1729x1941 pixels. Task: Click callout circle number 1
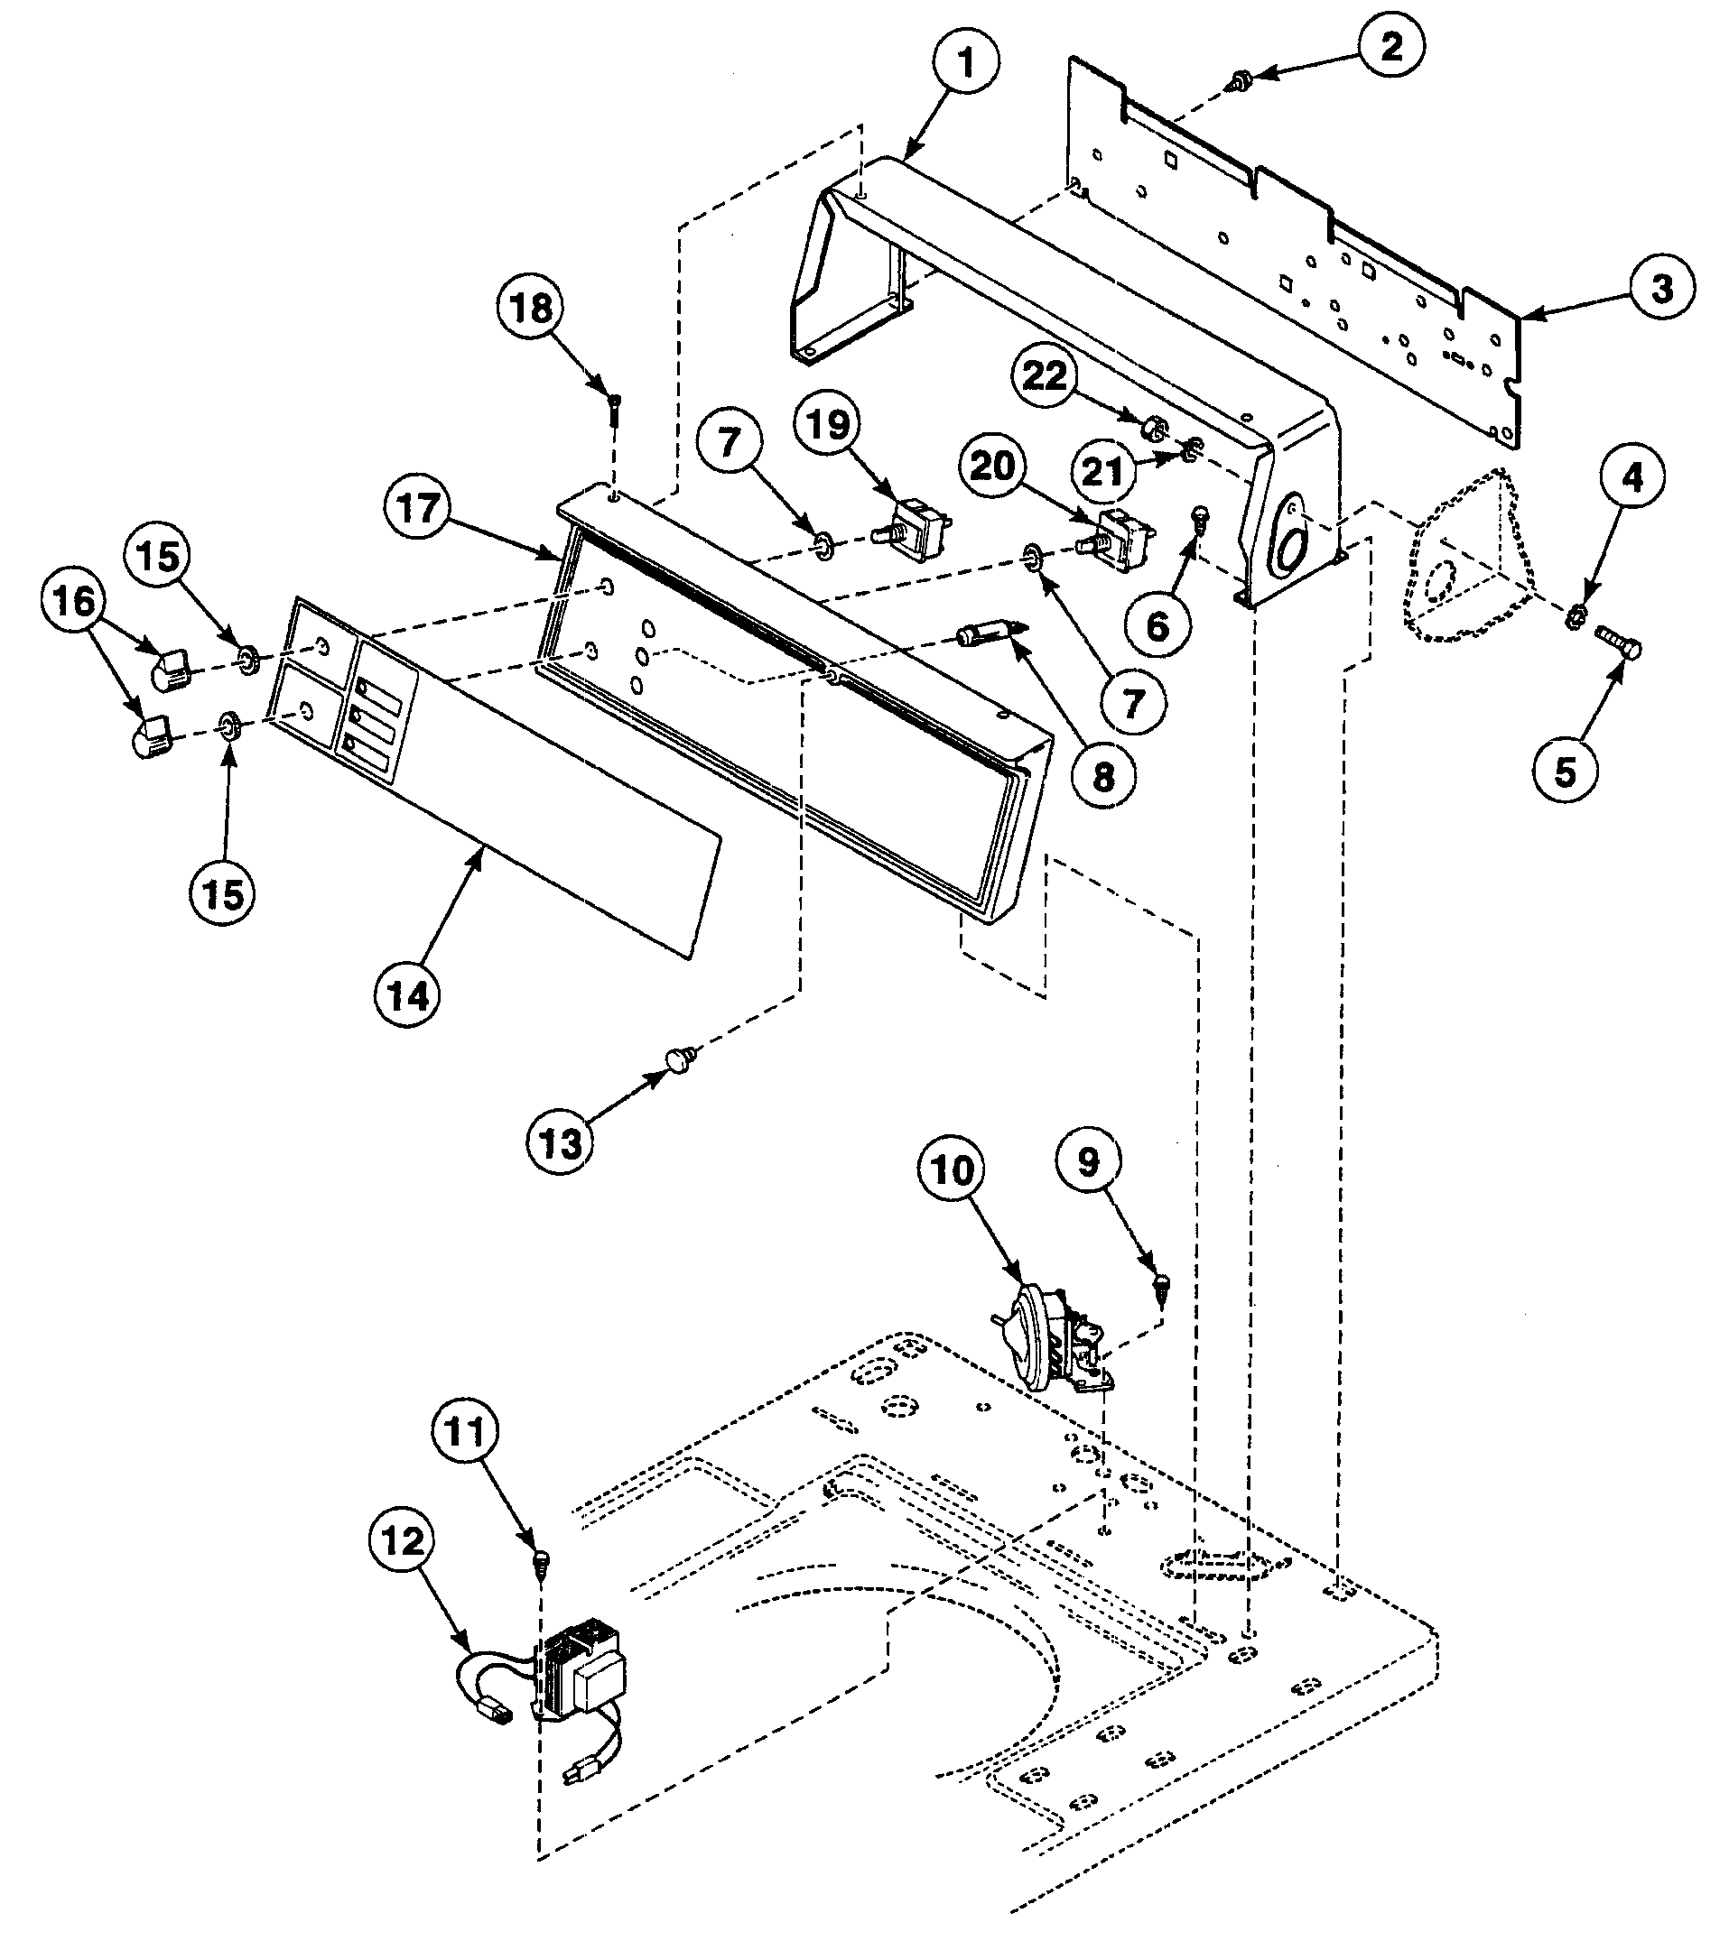(965, 65)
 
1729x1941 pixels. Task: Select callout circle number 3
(1660, 288)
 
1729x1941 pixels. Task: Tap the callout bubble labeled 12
(403, 1540)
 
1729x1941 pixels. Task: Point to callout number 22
(1045, 377)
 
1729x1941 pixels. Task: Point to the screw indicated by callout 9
(1163, 1285)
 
